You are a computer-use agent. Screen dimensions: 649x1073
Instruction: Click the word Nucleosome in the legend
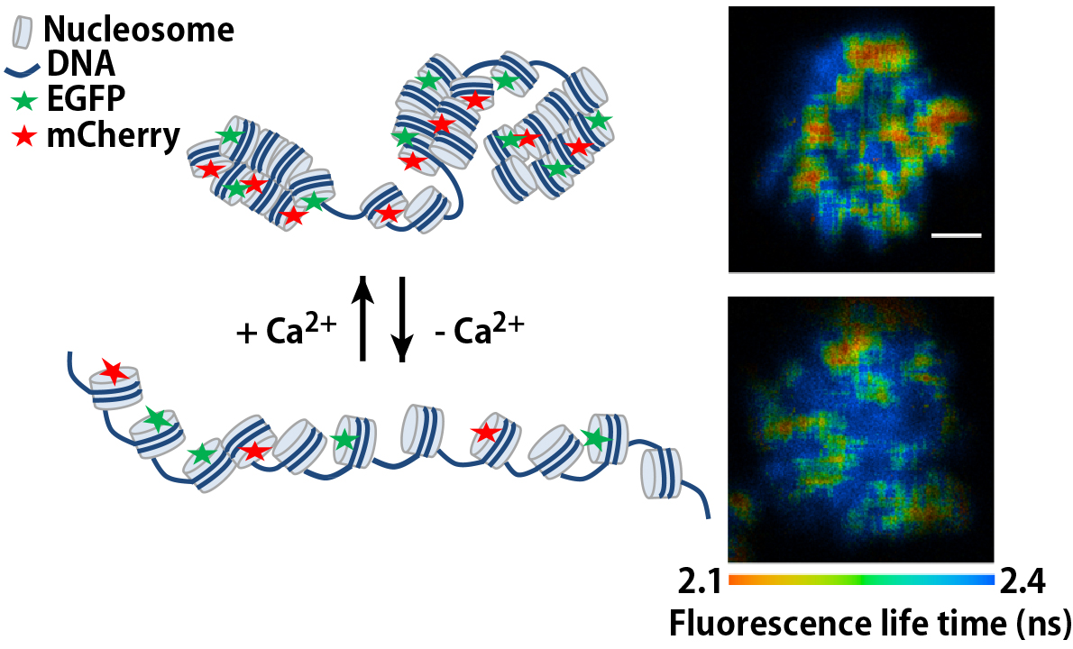(138, 30)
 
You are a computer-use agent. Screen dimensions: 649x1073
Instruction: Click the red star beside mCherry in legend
(23, 136)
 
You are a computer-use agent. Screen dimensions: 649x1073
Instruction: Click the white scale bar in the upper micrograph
(955, 235)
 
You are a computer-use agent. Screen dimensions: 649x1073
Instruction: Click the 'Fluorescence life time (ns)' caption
(868, 622)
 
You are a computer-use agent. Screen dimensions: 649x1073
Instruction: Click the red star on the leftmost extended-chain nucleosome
(113, 370)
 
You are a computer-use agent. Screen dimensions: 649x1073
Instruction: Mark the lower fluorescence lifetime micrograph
(861, 428)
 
